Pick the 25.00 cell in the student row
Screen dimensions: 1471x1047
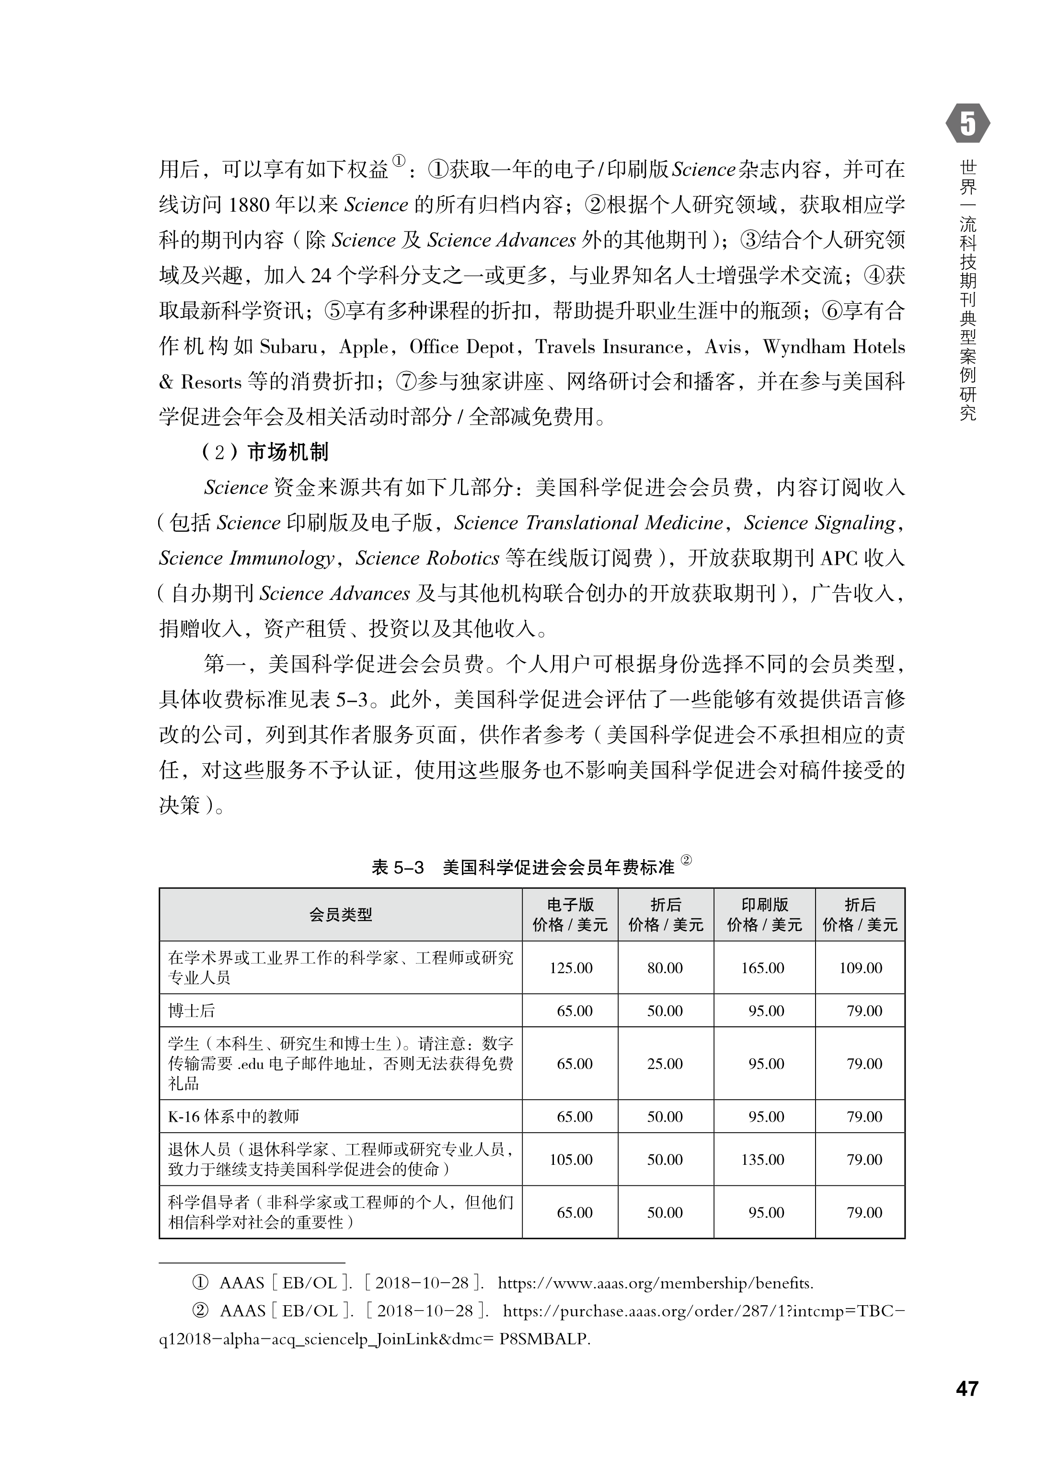click(x=665, y=1064)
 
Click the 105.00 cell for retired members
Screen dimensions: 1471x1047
click(x=571, y=1160)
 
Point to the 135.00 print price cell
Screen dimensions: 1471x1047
click(x=763, y=1160)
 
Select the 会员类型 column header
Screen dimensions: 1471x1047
click(x=340, y=915)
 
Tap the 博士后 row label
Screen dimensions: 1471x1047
click(x=192, y=1011)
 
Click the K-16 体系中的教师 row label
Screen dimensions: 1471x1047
click(x=233, y=1116)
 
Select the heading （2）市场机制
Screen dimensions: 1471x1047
click(x=265, y=452)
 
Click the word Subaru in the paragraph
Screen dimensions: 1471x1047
click(x=289, y=347)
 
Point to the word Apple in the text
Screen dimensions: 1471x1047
click(x=364, y=347)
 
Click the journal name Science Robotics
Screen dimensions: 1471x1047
click(x=427, y=558)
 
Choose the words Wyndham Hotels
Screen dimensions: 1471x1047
click(x=834, y=347)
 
